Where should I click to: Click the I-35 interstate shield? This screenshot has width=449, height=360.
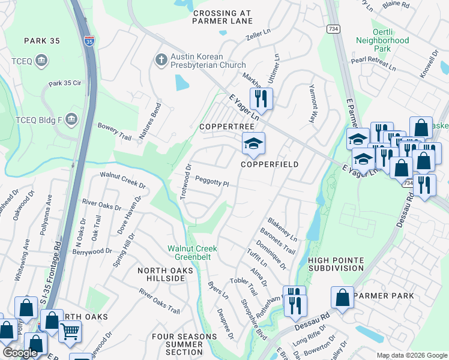coord(89,41)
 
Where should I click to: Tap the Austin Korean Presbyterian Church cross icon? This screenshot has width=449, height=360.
coord(160,59)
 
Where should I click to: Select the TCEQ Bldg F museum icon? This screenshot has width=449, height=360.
coord(71,118)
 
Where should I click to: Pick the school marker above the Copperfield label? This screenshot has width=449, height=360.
coord(253,144)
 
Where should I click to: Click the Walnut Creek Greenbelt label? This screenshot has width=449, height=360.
coord(192,252)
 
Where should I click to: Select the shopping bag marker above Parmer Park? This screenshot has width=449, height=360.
coord(342,298)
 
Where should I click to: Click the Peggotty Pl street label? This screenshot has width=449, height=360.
coord(212,181)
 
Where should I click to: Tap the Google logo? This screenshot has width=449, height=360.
coord(20,353)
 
